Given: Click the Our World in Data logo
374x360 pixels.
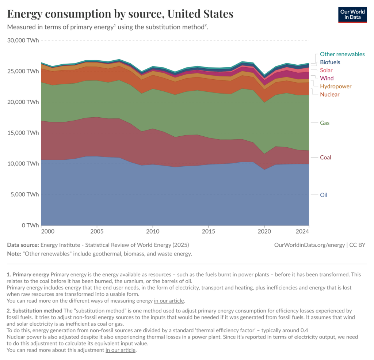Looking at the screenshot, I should [352, 14].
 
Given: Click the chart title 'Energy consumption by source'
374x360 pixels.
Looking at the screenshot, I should [120, 14].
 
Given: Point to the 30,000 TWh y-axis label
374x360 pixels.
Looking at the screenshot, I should [23, 40].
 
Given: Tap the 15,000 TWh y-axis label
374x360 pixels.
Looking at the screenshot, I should [23, 133].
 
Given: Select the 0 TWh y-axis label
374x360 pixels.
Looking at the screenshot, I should [28, 225].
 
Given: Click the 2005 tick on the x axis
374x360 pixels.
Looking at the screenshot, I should [97, 232].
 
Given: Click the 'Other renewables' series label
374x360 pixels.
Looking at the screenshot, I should [342, 54].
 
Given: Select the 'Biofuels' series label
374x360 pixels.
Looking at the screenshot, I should [330, 62].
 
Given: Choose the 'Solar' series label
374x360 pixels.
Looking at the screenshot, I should [326, 70].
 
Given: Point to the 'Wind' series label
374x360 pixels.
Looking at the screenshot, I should [327, 78].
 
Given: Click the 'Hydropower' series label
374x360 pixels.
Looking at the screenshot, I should [336, 86].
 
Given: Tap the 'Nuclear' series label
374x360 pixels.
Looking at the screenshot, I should [329, 94].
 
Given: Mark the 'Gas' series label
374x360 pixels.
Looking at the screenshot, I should [325, 123].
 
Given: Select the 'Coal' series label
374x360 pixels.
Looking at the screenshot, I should [325, 158].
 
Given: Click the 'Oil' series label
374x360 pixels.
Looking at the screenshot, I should [324, 195].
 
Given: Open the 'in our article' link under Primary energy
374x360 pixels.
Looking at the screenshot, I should [169, 301].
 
